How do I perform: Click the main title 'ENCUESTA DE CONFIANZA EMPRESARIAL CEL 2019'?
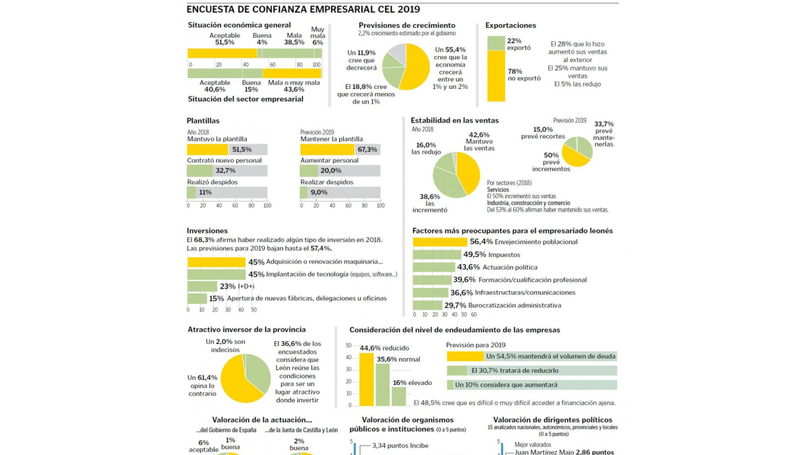(303, 9)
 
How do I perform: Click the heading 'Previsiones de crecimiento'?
(407, 25)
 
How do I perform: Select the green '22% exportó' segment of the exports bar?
(496, 43)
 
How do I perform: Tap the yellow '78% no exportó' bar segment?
(496, 76)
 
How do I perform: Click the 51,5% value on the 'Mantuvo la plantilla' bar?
(241, 150)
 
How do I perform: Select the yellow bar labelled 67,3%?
(327, 150)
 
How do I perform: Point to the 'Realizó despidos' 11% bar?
(191, 193)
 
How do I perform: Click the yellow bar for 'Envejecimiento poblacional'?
(440, 242)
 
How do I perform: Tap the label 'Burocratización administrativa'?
(514, 305)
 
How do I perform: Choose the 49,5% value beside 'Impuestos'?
(474, 255)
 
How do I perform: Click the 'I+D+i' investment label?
(246, 286)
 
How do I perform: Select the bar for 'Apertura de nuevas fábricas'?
(197, 299)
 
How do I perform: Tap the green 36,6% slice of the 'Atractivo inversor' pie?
(256, 371)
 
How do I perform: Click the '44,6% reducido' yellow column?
(366, 379)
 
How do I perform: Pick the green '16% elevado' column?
(398, 396)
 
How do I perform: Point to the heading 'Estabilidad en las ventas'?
(455, 121)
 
